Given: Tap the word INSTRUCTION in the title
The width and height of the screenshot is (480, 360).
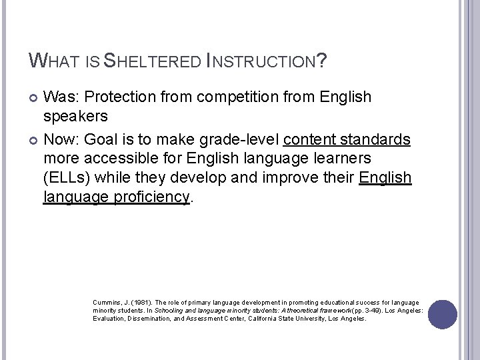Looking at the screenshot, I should pyautogui.click(x=264, y=62).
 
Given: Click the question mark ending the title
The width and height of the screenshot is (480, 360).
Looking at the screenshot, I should pyautogui.click(x=322, y=62).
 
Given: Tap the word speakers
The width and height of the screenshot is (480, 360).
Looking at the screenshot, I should pyautogui.click(x=75, y=116).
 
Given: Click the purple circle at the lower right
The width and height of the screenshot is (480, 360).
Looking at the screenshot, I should pyautogui.click(x=443, y=315).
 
